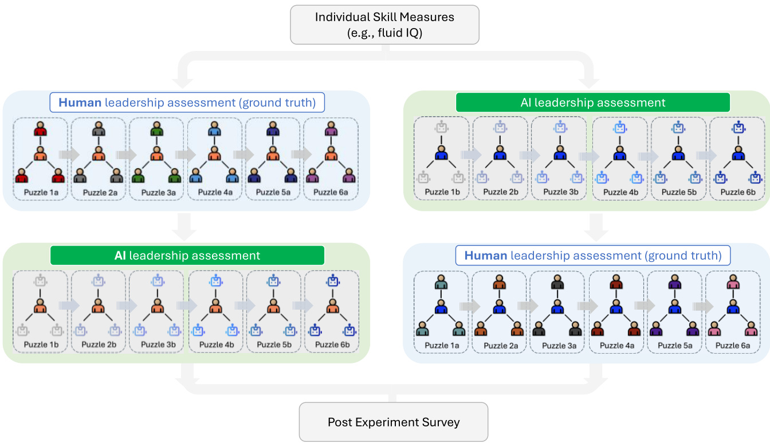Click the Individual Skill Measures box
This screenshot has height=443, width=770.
point(384,25)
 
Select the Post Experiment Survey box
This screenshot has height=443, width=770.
point(393,422)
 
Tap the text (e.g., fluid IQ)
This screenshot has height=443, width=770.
point(384,33)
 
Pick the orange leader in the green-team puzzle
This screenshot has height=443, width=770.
point(156,154)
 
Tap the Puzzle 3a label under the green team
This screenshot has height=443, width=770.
point(156,192)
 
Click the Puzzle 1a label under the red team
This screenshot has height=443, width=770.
point(40,192)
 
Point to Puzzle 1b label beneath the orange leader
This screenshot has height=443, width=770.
point(40,345)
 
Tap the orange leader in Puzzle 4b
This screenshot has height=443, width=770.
point(215,307)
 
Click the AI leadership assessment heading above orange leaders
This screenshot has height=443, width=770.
point(187,255)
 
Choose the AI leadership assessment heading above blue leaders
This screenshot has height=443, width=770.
point(592,102)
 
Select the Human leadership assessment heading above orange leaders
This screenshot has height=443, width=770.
point(187,102)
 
